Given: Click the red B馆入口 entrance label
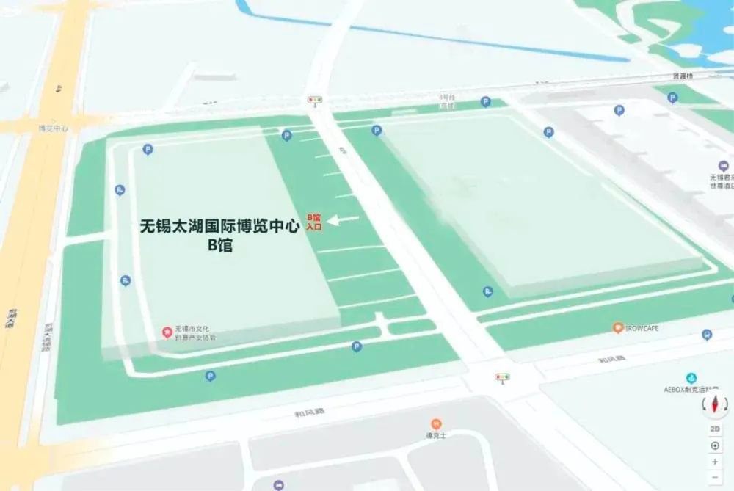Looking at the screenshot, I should (x=314, y=222).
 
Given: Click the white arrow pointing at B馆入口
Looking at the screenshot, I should (x=343, y=219).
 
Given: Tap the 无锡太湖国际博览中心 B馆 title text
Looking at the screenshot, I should (x=219, y=236).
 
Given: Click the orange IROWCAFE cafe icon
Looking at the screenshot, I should (x=618, y=327).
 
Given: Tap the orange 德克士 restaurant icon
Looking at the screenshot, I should (x=436, y=423).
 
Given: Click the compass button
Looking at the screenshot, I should (x=715, y=404).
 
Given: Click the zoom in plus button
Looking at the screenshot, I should (x=715, y=462).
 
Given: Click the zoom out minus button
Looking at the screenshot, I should (x=715, y=477).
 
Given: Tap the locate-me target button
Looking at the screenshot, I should (x=715, y=445).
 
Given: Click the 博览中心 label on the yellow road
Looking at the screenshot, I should (x=54, y=128).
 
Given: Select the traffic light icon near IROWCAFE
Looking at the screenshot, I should (x=502, y=377).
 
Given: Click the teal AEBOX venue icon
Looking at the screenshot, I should (x=691, y=378).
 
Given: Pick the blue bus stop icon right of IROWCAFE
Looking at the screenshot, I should (x=707, y=335).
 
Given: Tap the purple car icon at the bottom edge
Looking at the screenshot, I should (x=278, y=485).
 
